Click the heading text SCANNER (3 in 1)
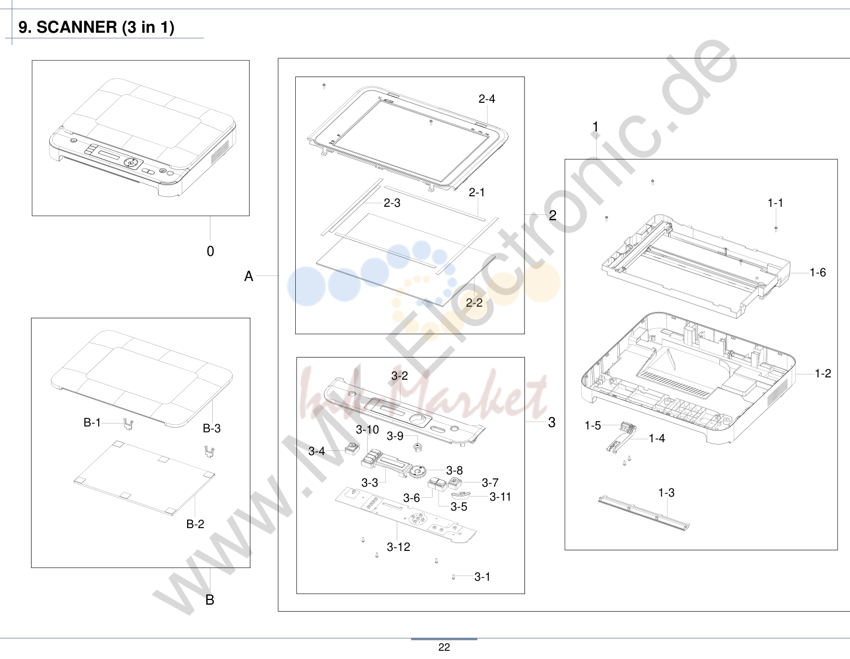coord(105,27)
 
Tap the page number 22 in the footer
coord(444,647)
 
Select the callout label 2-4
coord(486,99)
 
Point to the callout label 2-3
coord(392,203)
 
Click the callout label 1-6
coord(817,272)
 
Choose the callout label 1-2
coord(823,374)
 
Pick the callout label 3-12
coord(399,547)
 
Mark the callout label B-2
coord(195,524)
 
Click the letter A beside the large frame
coord(249,276)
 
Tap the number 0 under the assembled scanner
coord(210,251)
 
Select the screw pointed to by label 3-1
coord(454,577)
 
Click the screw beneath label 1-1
coord(776,229)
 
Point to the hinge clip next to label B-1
coord(128,424)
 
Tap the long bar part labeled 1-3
coord(644,512)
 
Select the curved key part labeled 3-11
coord(460,495)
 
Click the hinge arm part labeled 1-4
coord(621,439)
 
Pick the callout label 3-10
coord(367,429)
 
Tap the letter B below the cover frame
coord(210,600)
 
